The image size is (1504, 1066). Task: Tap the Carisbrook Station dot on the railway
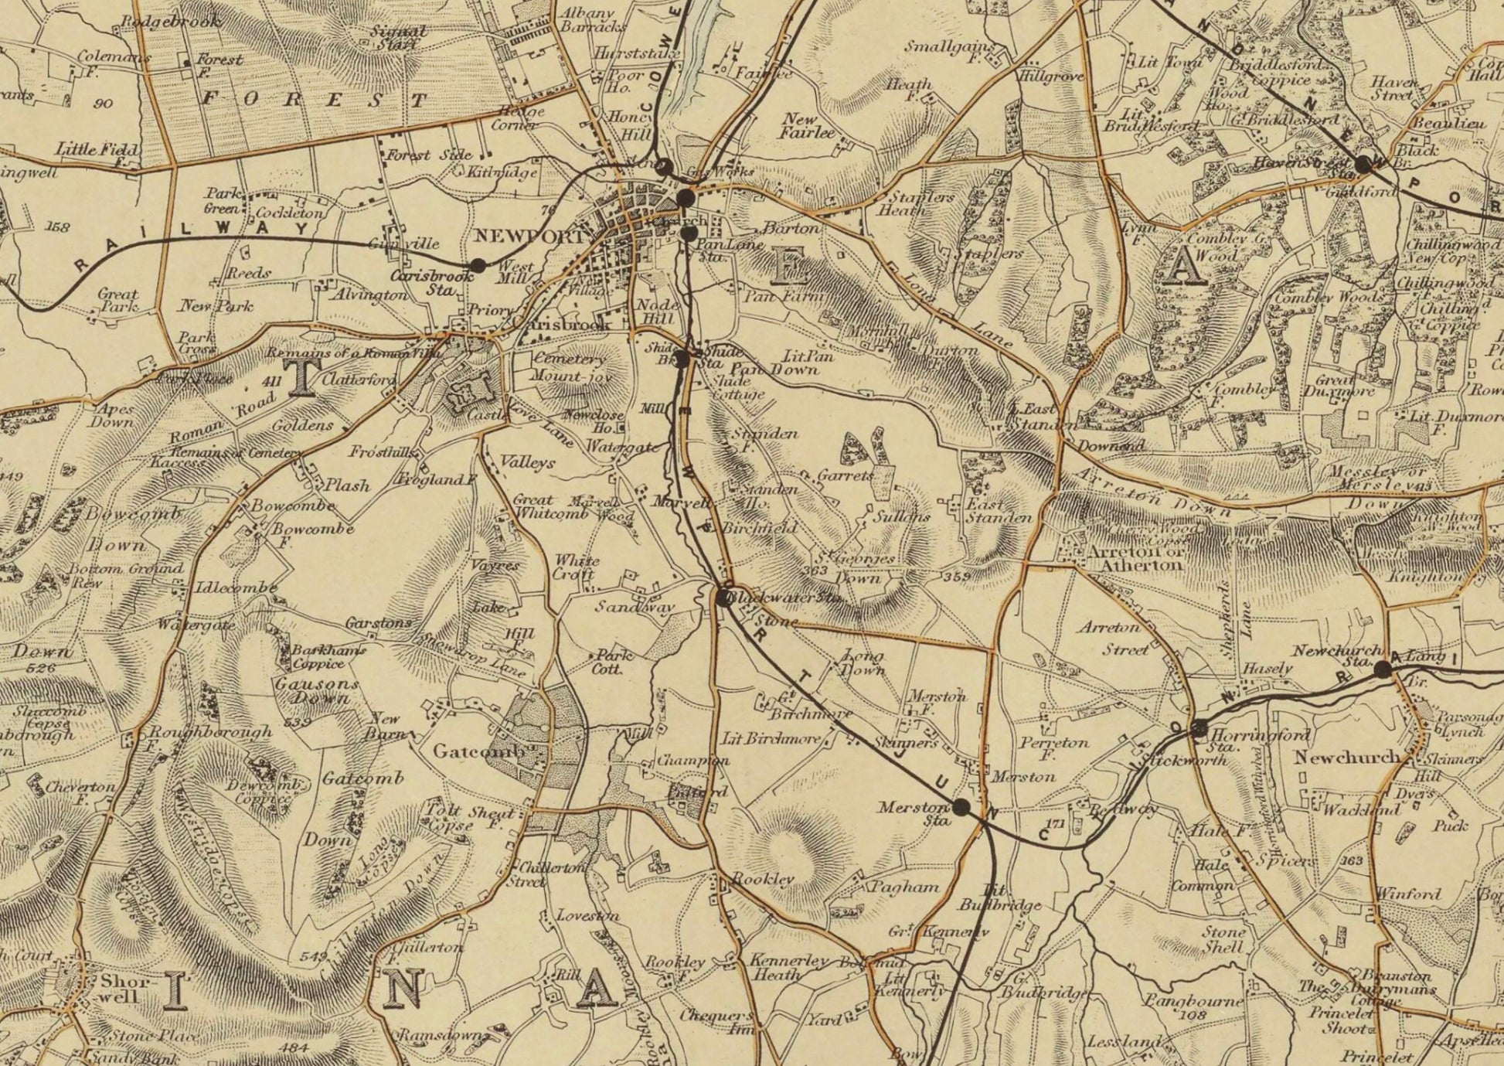pyautogui.click(x=478, y=264)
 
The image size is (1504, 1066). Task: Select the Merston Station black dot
pyautogui.click(x=961, y=807)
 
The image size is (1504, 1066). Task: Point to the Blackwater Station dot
pyautogui.click(x=723, y=597)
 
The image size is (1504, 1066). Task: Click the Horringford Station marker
pyautogui.click(x=1199, y=727)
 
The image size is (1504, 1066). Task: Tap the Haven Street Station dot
pyautogui.click(x=1363, y=164)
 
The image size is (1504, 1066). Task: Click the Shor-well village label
pyautogui.click(x=118, y=988)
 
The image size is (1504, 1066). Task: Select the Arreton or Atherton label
pyautogui.click(x=1135, y=558)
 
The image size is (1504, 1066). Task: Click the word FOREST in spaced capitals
pyautogui.click(x=315, y=100)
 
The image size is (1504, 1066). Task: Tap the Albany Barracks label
pyautogui.click(x=589, y=20)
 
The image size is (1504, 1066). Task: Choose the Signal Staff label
pyautogui.click(x=399, y=37)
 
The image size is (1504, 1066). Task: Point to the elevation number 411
pyautogui.click(x=271, y=381)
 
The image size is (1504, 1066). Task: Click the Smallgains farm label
pyautogui.click(x=952, y=48)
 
